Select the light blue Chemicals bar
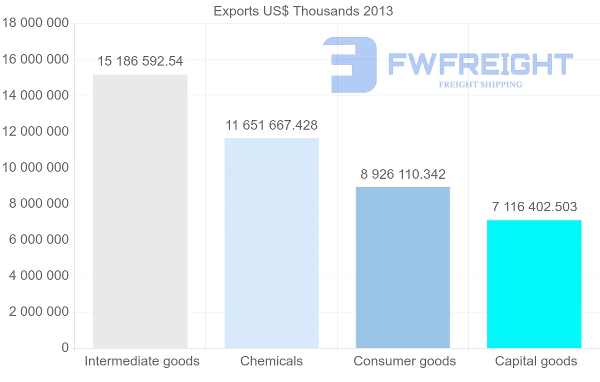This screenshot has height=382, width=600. pyautogui.click(x=271, y=243)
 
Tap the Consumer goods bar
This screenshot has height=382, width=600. pyautogui.click(x=403, y=267)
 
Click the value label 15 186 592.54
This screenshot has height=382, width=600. pyautogui.click(x=140, y=62)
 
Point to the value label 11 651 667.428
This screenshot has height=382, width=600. pyautogui.click(x=271, y=125)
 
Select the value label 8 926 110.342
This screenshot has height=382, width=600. pyautogui.click(x=403, y=174)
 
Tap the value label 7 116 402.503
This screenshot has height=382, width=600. pyautogui.click(x=534, y=207)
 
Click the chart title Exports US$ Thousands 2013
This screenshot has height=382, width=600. pyautogui.click(x=303, y=11)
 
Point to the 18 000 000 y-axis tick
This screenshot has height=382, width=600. pyautogui.click(x=35, y=24)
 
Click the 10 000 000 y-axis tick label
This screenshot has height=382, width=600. pyautogui.click(x=35, y=168)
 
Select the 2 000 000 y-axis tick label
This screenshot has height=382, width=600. pyautogui.click(x=38, y=312)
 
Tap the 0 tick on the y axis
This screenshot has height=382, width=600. pyautogui.click(x=64, y=348)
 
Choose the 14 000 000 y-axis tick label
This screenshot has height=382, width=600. pyautogui.click(x=35, y=96)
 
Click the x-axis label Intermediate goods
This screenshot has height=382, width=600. pyautogui.click(x=142, y=361)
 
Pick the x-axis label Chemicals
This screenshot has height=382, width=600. pyautogui.click(x=271, y=361)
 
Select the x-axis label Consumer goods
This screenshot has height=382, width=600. pyautogui.click(x=404, y=361)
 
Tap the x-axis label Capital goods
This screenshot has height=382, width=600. pyautogui.click(x=536, y=361)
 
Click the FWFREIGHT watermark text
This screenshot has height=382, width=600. pyautogui.click(x=480, y=64)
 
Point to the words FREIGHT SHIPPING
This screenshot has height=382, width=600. pyautogui.click(x=480, y=85)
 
